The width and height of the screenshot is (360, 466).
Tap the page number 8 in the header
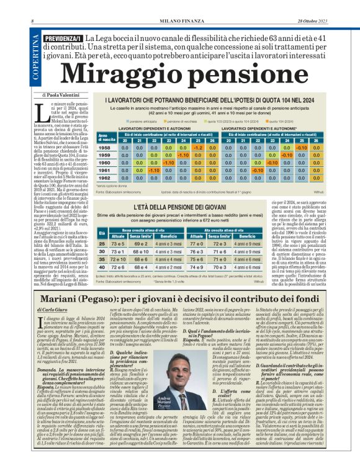[x=32, y=5]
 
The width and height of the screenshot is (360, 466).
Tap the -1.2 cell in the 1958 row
[x=196, y=148]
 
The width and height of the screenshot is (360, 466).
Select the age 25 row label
[x=102, y=244]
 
